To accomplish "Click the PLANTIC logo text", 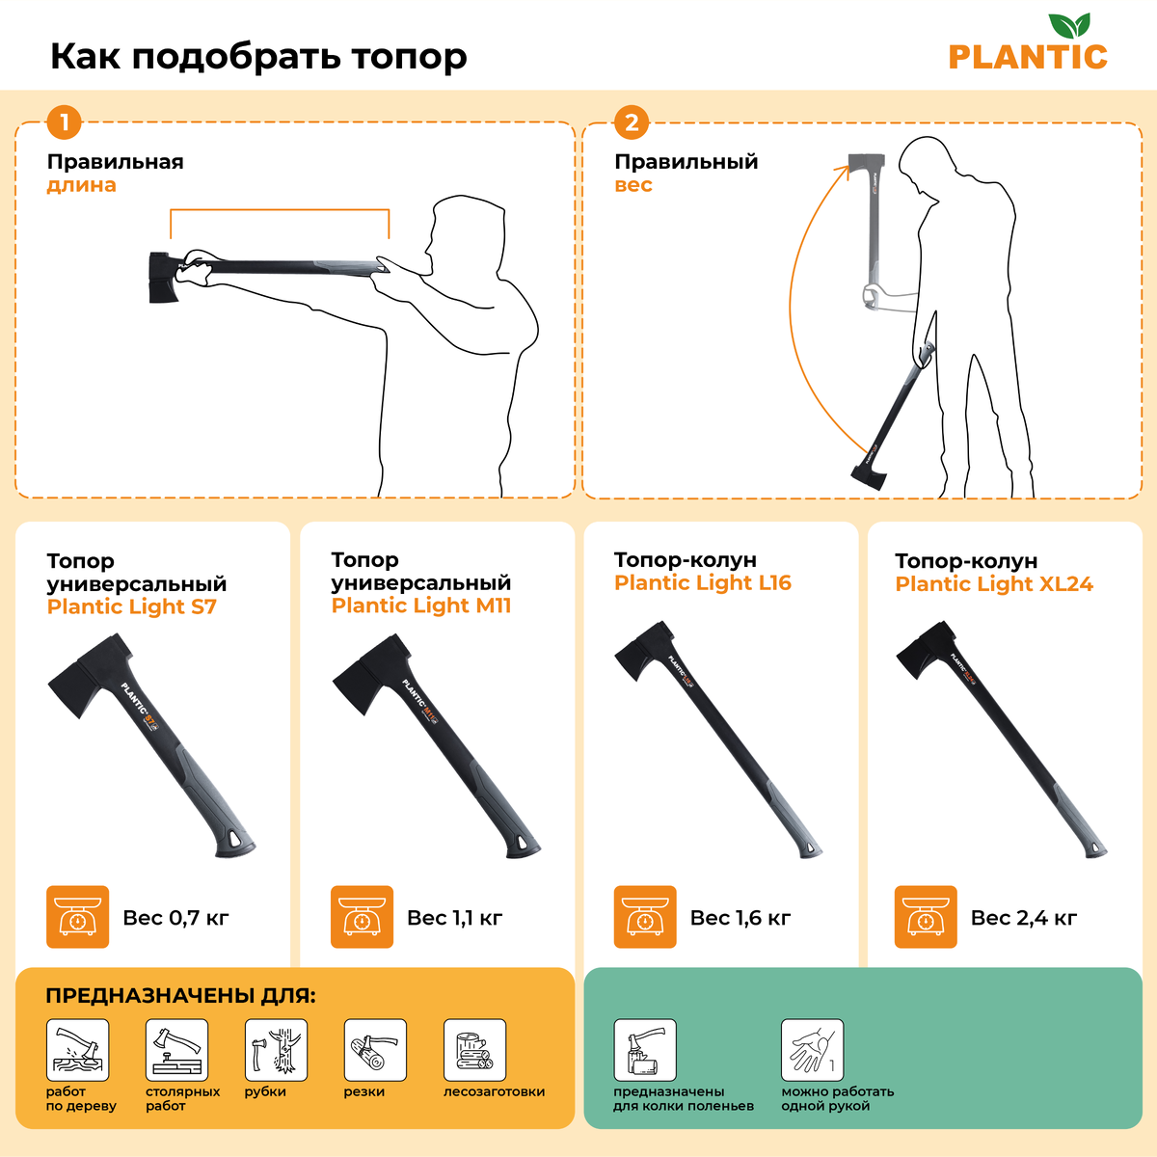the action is click(1027, 58).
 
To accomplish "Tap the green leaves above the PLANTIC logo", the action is click(1068, 25).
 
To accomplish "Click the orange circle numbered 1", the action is click(64, 121).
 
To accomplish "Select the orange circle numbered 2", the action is click(631, 121).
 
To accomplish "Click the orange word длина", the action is click(82, 185).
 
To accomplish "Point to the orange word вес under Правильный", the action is click(632, 185).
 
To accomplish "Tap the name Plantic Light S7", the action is click(131, 606).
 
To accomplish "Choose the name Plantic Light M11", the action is click(421, 605).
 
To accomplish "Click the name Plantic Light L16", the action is click(703, 582).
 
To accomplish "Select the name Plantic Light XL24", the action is click(994, 583).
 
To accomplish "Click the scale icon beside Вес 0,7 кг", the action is click(77, 917).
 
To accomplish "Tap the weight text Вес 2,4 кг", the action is click(1024, 918).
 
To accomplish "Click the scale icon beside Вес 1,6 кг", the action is click(645, 917).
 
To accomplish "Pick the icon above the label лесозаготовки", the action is click(474, 1050).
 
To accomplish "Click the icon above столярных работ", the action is click(176, 1050).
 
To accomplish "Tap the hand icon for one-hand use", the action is click(812, 1050).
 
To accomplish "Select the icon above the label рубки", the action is click(276, 1050).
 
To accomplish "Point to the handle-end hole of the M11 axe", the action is click(521, 843).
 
